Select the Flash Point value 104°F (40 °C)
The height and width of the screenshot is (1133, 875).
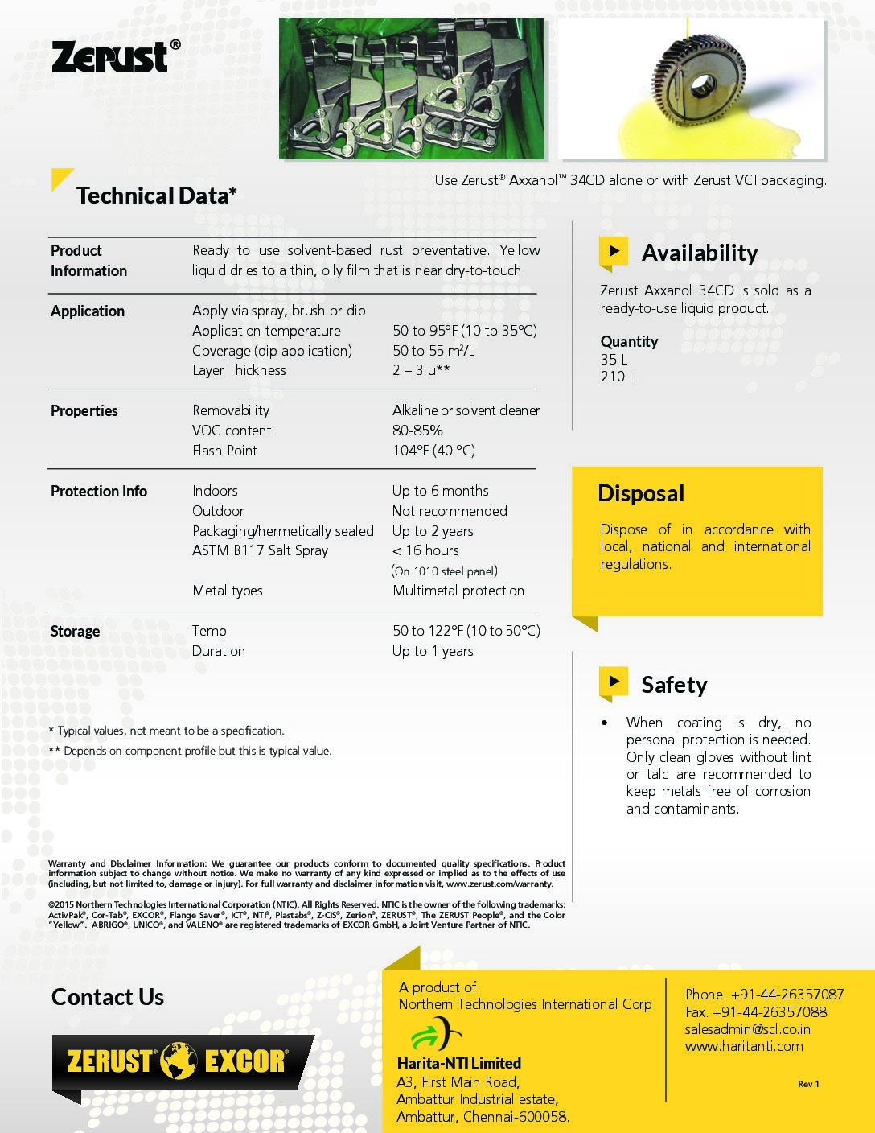click(x=433, y=451)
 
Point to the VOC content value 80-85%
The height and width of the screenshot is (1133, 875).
click(x=417, y=431)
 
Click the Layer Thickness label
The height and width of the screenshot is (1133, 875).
click(x=239, y=370)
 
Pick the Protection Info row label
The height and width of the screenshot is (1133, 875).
click(x=99, y=491)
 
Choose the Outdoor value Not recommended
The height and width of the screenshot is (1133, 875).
click(x=450, y=511)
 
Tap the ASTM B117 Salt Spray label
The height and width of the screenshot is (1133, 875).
click(x=260, y=550)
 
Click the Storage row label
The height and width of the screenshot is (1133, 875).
click(x=75, y=632)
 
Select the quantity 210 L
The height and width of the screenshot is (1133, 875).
click(x=618, y=377)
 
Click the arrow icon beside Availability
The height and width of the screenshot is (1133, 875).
click(x=614, y=251)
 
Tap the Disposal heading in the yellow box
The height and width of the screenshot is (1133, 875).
click(x=641, y=493)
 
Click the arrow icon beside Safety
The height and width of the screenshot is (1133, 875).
click(x=614, y=682)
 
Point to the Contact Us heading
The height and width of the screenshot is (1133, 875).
click(x=108, y=997)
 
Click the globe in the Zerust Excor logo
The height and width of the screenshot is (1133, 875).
click(x=178, y=1061)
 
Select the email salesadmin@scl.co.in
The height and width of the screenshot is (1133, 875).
click(x=747, y=1029)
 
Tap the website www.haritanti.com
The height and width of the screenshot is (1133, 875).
click(x=744, y=1046)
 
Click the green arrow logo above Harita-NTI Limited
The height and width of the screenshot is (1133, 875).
click(x=435, y=1034)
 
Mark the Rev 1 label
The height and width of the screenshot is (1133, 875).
click(x=808, y=1084)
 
